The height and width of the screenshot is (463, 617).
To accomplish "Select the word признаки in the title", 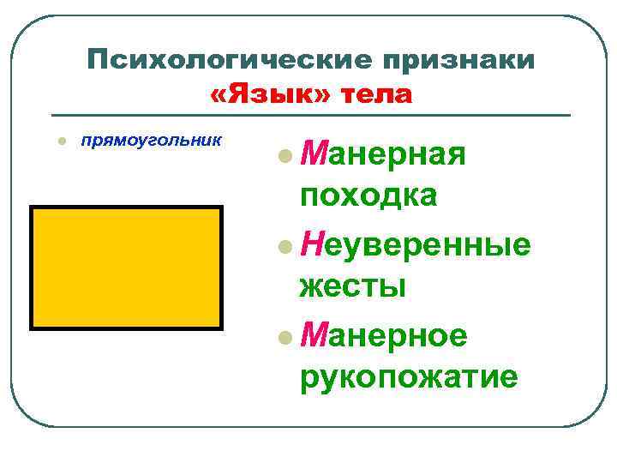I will point(459,61).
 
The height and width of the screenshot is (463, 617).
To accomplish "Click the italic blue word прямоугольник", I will point(151,138).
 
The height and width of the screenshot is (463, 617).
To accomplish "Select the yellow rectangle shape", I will point(127,268).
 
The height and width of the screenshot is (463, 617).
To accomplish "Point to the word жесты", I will point(352,286).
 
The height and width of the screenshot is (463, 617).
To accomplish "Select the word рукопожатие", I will point(409,376).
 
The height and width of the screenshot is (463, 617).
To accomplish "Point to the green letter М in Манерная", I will point(313,156).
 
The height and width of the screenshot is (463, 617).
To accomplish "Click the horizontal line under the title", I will point(310,115).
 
